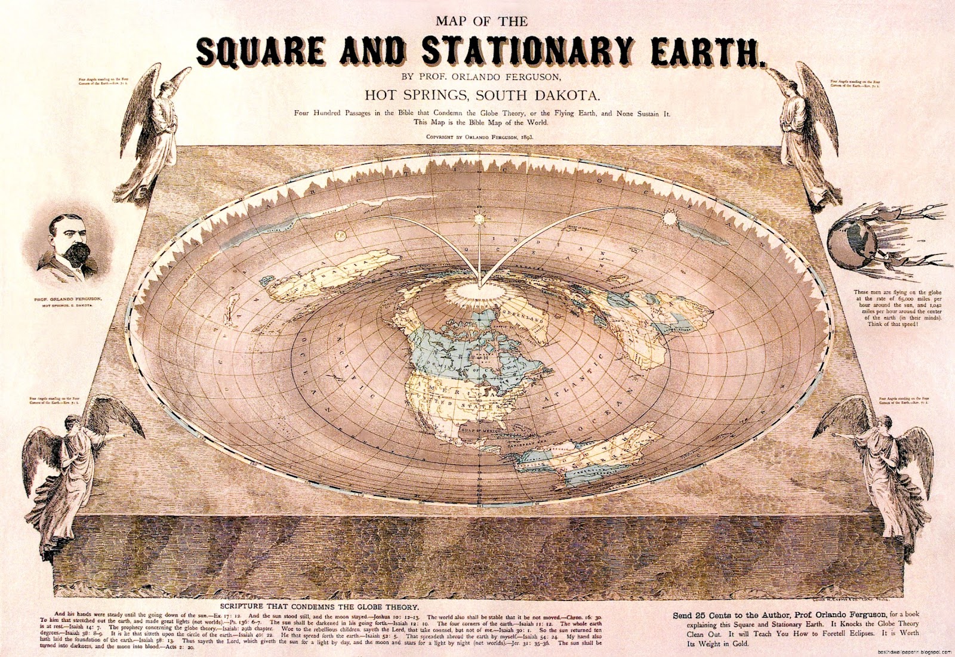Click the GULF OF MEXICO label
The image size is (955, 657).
481,427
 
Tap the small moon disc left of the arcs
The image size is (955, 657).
341,233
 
